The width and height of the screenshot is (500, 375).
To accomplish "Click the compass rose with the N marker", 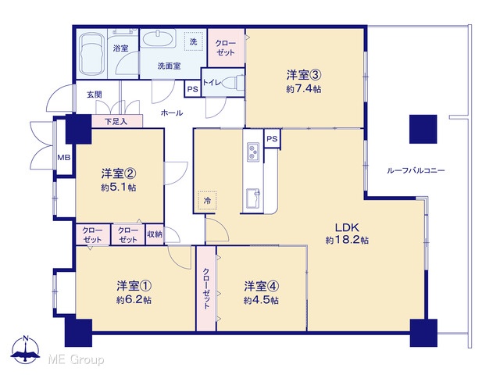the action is click(x=25, y=350).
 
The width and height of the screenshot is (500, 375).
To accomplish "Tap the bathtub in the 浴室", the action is click(x=92, y=54).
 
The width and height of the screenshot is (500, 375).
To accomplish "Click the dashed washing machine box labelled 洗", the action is click(x=194, y=41).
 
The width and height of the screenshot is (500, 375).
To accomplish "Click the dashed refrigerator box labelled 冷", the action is click(x=207, y=201).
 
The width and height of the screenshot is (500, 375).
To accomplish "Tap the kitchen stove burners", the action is click(x=253, y=152).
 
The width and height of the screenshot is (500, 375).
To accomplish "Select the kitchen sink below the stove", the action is click(x=253, y=198).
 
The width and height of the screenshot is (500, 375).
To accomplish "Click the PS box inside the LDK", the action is click(x=272, y=139).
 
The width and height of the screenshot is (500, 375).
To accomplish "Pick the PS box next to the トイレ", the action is click(x=193, y=89).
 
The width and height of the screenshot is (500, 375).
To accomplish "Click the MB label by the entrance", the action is click(x=64, y=158).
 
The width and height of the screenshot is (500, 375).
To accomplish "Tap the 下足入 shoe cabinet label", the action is click(x=116, y=122).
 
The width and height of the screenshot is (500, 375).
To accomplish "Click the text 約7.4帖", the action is click(x=304, y=89).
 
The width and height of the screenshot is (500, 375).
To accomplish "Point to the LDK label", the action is click(x=347, y=227).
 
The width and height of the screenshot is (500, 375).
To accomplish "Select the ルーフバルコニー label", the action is click(x=416, y=170).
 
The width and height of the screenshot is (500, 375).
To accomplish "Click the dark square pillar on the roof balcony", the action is click(x=423, y=129).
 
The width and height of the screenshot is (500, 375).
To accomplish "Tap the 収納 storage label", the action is click(x=155, y=234).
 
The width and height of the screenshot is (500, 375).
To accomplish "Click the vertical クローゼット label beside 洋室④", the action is click(x=206, y=288).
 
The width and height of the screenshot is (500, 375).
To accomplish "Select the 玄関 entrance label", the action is click(x=95, y=95).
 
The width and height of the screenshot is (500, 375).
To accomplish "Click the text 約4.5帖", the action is click(x=261, y=300).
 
